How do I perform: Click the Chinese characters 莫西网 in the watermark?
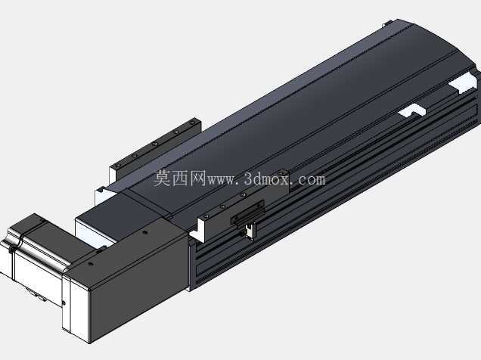[x=180, y=178]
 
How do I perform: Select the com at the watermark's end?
[x=311, y=179]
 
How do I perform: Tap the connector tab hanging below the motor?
[x=39, y=296]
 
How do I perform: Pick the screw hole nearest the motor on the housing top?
[x=90, y=263]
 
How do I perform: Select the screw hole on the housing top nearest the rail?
[x=145, y=232]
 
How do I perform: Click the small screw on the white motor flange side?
[x=64, y=303]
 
